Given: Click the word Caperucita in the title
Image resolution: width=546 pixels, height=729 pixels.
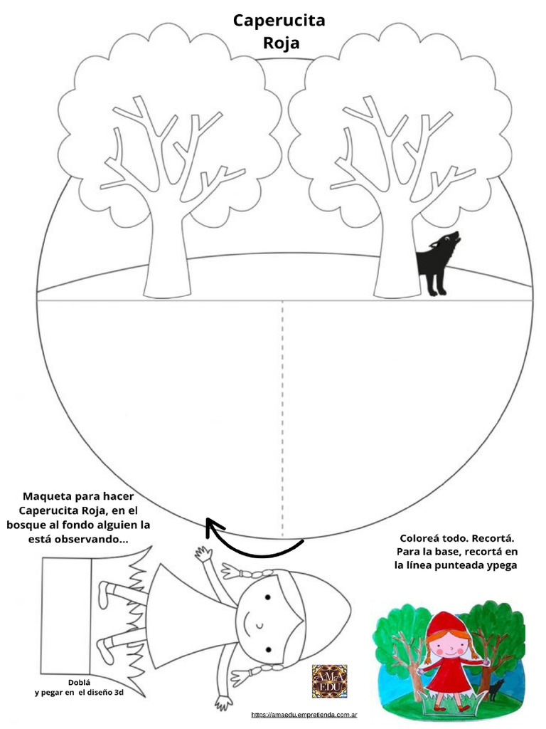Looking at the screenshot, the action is pyautogui.click(x=279, y=21).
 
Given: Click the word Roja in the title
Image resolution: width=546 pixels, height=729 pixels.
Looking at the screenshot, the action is pyautogui.click(x=282, y=43).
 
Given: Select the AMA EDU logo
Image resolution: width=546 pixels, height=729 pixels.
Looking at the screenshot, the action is pyautogui.click(x=330, y=681).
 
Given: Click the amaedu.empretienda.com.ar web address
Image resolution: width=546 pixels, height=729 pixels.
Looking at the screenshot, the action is pyautogui.click(x=304, y=715).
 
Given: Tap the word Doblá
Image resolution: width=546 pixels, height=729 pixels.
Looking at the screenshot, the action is pyautogui.click(x=80, y=683).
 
